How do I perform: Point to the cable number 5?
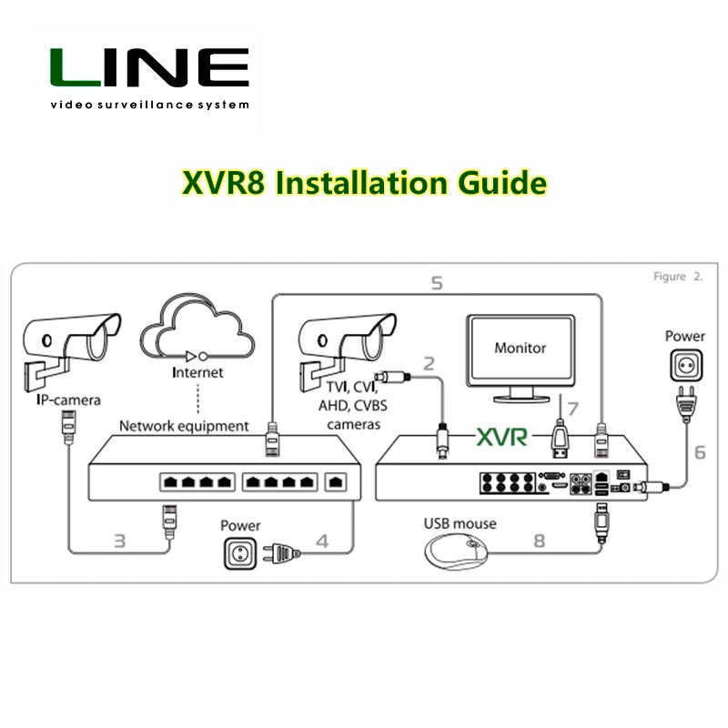pos(436,284)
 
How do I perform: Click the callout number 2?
pos(429,363)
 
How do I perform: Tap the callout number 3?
pos(119,540)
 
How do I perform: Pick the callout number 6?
pos(699,451)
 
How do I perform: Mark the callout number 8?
pos(539,540)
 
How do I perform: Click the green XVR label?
pos(500,438)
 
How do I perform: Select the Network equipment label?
pos(184,425)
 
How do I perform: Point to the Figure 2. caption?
pos(678,277)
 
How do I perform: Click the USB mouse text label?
pos(460,523)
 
